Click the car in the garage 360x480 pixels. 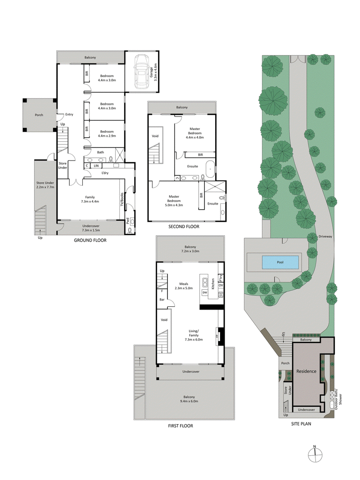coord(142,72)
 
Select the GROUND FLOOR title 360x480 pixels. coord(90,240)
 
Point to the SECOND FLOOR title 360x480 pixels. coord(184,227)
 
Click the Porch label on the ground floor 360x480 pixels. coord(39,115)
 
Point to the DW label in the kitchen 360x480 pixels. coord(204,293)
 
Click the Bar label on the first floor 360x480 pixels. coord(162,299)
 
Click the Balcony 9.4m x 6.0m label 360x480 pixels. coord(189,399)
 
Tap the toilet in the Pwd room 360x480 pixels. coord(130,230)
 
